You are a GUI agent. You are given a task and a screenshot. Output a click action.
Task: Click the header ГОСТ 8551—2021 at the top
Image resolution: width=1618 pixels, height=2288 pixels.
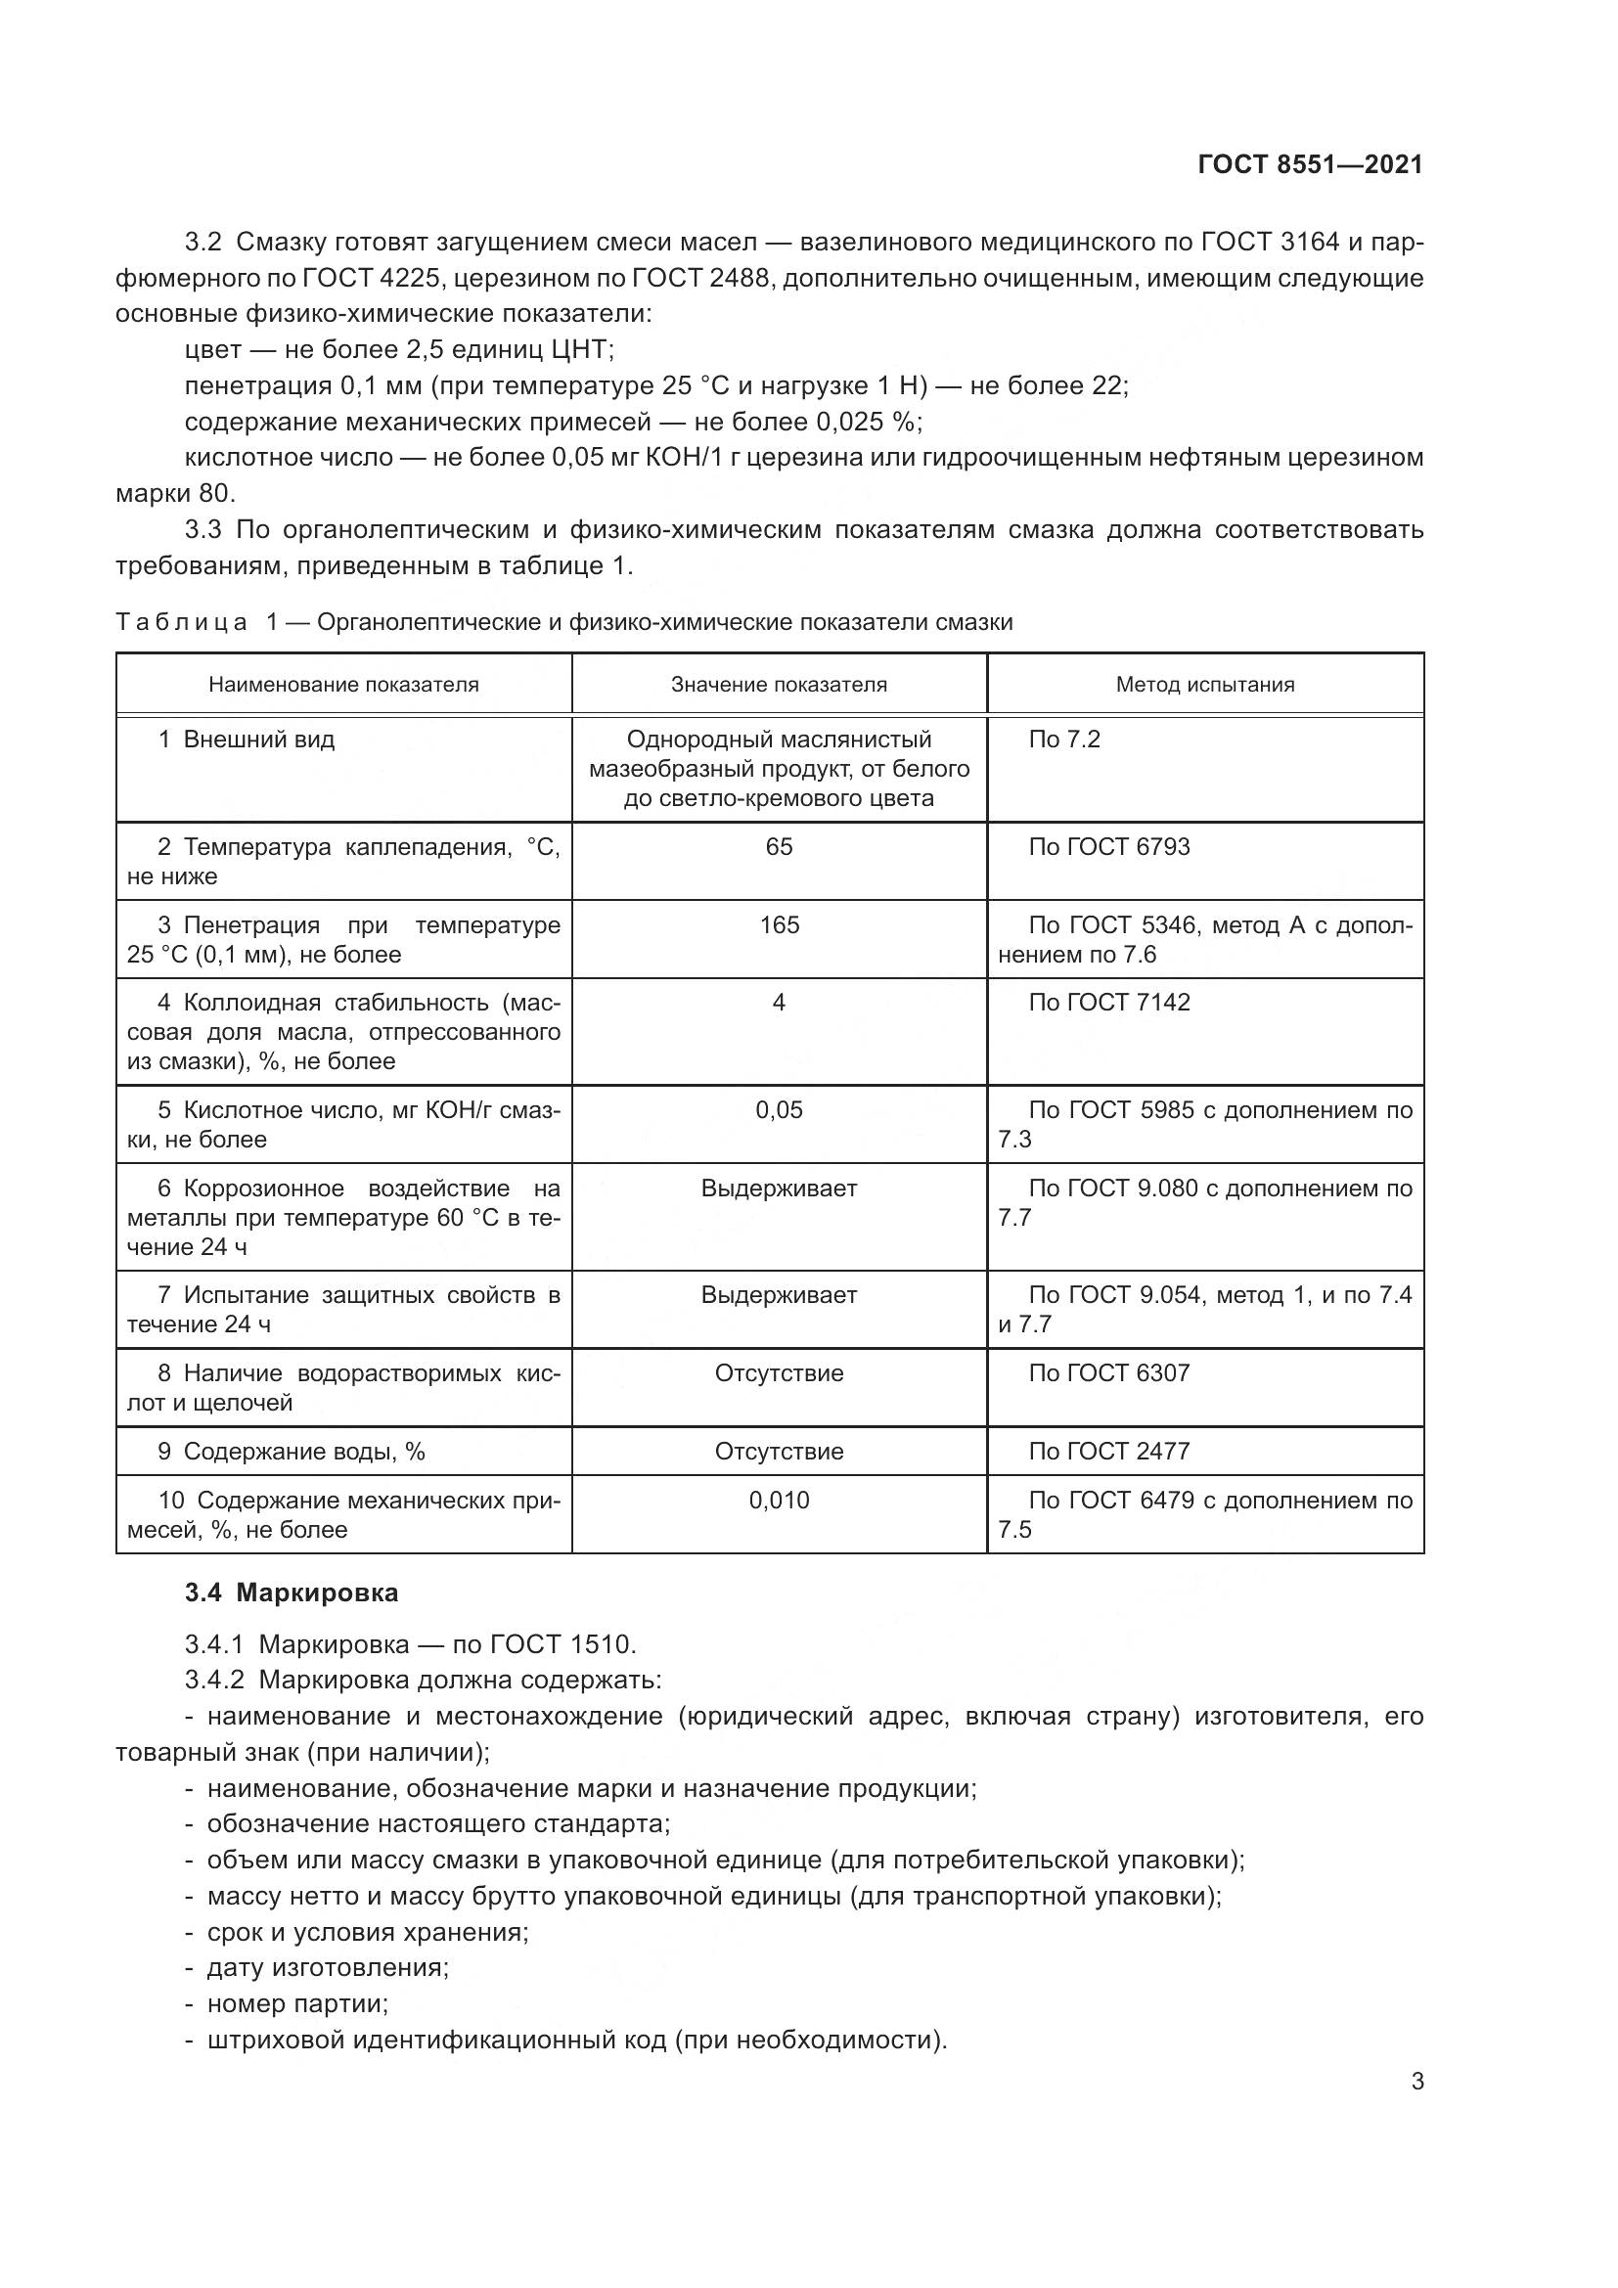click(x=1309, y=164)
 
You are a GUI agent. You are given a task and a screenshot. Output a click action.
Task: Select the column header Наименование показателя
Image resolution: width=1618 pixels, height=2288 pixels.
click(x=343, y=685)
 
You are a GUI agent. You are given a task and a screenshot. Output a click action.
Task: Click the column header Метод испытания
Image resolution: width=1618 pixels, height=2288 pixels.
click(x=1204, y=685)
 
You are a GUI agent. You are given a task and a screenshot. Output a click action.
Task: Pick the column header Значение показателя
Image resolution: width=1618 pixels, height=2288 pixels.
click(x=778, y=685)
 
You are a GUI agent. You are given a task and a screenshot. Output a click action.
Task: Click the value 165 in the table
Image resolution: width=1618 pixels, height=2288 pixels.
click(x=779, y=924)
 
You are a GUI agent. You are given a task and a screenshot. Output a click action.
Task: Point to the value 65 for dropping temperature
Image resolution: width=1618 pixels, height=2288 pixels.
click(x=779, y=847)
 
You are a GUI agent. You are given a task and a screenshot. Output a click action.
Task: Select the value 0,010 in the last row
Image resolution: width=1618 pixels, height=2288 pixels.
click(x=779, y=1500)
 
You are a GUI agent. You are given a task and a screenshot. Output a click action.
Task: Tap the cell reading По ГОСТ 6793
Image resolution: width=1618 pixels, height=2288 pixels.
click(x=1109, y=847)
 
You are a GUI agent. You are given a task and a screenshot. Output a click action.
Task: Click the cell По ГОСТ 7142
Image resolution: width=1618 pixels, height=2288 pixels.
click(x=1109, y=1003)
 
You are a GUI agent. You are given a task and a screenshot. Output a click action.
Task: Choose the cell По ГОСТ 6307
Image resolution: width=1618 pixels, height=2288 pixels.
click(x=1109, y=1373)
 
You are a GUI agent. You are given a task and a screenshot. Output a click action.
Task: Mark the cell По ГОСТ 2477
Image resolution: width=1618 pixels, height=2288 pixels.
click(x=1109, y=1451)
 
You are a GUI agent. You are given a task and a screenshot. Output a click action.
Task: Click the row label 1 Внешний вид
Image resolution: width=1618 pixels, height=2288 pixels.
click(x=247, y=740)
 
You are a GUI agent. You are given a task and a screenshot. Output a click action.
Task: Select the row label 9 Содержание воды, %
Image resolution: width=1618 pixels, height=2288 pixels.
click(x=291, y=1451)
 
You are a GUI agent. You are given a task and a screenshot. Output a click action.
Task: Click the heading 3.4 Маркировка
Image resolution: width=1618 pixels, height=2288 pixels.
click(x=291, y=1593)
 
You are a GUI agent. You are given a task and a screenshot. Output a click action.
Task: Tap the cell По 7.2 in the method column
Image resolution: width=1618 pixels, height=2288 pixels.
click(x=1064, y=740)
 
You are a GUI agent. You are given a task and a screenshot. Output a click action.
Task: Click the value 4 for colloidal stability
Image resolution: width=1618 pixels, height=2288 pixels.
click(x=779, y=1003)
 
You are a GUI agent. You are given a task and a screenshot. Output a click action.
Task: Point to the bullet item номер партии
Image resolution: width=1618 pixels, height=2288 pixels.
click(x=297, y=2004)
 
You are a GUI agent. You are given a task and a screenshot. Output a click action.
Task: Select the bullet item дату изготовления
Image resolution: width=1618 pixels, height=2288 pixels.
click(x=327, y=1968)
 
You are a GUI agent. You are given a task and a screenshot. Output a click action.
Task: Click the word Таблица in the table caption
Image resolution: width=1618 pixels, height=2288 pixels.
click(x=181, y=623)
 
